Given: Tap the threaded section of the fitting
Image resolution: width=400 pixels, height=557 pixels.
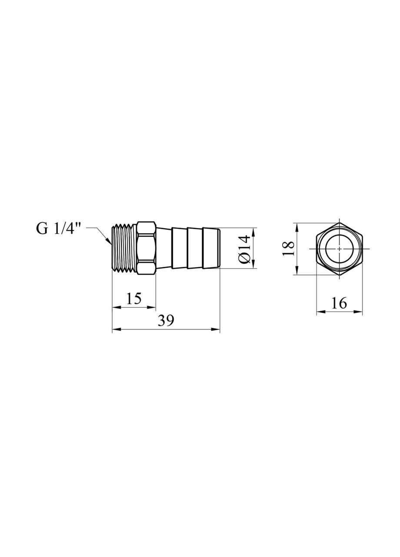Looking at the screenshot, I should coord(124,248).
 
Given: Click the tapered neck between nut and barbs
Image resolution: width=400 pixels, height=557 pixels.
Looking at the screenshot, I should coord(163,248).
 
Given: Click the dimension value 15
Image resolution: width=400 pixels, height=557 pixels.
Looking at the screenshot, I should coord(134,299).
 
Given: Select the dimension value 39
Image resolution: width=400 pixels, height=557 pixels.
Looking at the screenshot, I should coord(166,321).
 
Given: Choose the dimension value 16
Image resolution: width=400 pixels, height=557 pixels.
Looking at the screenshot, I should coord(339,303).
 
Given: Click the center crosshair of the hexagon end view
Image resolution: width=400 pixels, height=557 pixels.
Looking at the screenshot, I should coord(339,248).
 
